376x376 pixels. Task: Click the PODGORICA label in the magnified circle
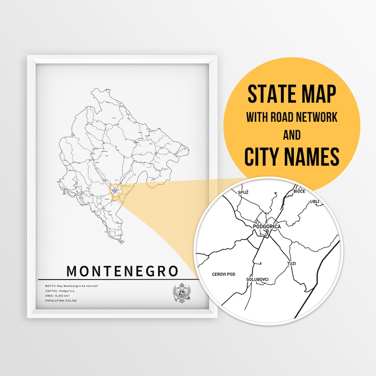click(267, 226)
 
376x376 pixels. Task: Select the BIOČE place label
click(299, 191)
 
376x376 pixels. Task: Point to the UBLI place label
click(314, 202)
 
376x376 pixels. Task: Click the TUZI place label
click(291, 264)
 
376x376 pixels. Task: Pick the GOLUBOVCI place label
click(257, 279)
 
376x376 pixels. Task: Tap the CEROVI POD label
click(224, 274)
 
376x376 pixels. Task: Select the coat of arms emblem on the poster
click(182, 293)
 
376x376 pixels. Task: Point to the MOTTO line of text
click(72, 286)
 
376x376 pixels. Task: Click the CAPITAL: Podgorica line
click(60, 291)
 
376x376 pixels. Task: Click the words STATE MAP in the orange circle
click(292, 94)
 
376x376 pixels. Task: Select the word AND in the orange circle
click(292, 135)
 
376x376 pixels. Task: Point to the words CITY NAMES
click(292, 157)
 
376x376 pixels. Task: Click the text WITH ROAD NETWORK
click(292, 117)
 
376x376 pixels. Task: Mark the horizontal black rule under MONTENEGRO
click(118, 279)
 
